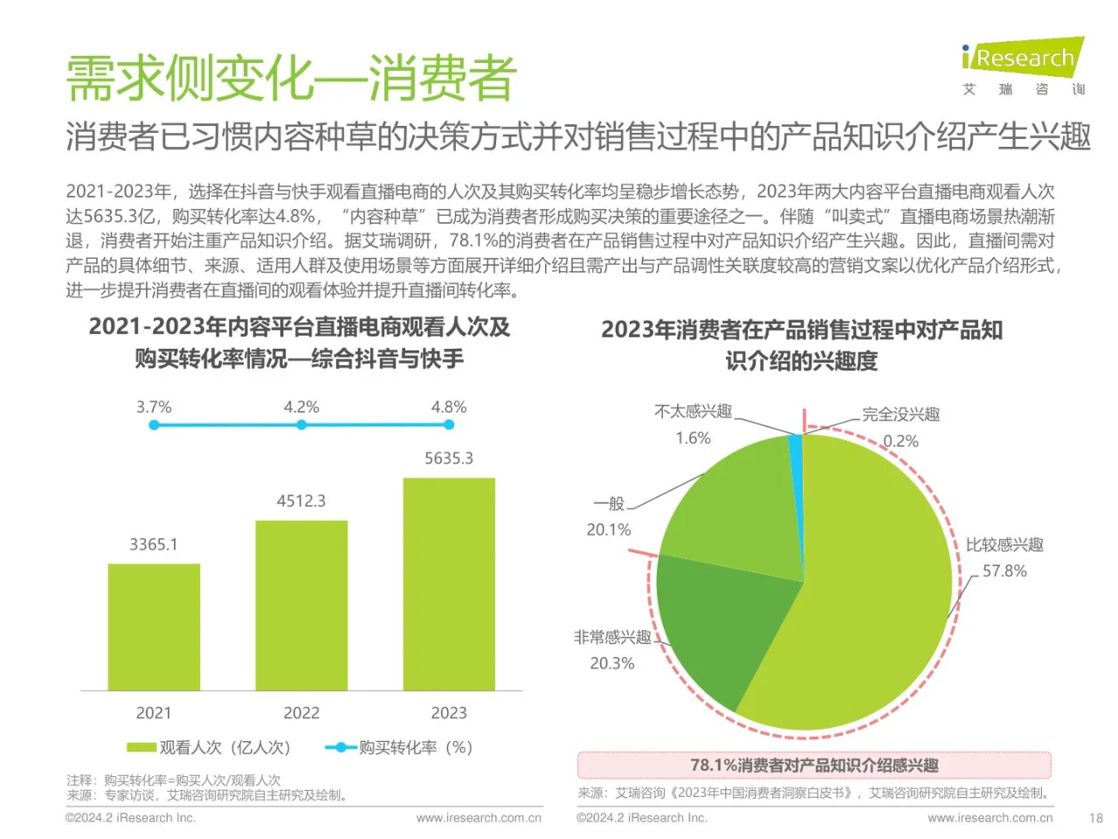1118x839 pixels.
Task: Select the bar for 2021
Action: click(x=154, y=627)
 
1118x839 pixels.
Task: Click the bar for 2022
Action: click(x=301, y=605)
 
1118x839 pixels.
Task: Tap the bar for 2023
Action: click(x=449, y=584)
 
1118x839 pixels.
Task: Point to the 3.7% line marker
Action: click(x=154, y=425)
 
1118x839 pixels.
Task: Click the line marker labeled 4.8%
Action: click(x=449, y=425)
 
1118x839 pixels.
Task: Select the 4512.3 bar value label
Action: click(x=301, y=501)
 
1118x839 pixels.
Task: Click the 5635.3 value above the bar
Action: click(x=449, y=458)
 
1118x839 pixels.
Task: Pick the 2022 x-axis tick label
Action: click(x=301, y=713)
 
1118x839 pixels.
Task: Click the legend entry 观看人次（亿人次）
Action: click(x=210, y=747)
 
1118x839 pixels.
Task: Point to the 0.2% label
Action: click(x=901, y=441)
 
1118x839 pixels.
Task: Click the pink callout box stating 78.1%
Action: click(x=814, y=766)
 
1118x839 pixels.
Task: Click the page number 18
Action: click(x=1095, y=818)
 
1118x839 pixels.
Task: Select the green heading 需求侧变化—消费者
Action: click(x=291, y=78)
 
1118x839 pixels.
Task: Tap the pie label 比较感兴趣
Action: click(x=1004, y=544)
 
